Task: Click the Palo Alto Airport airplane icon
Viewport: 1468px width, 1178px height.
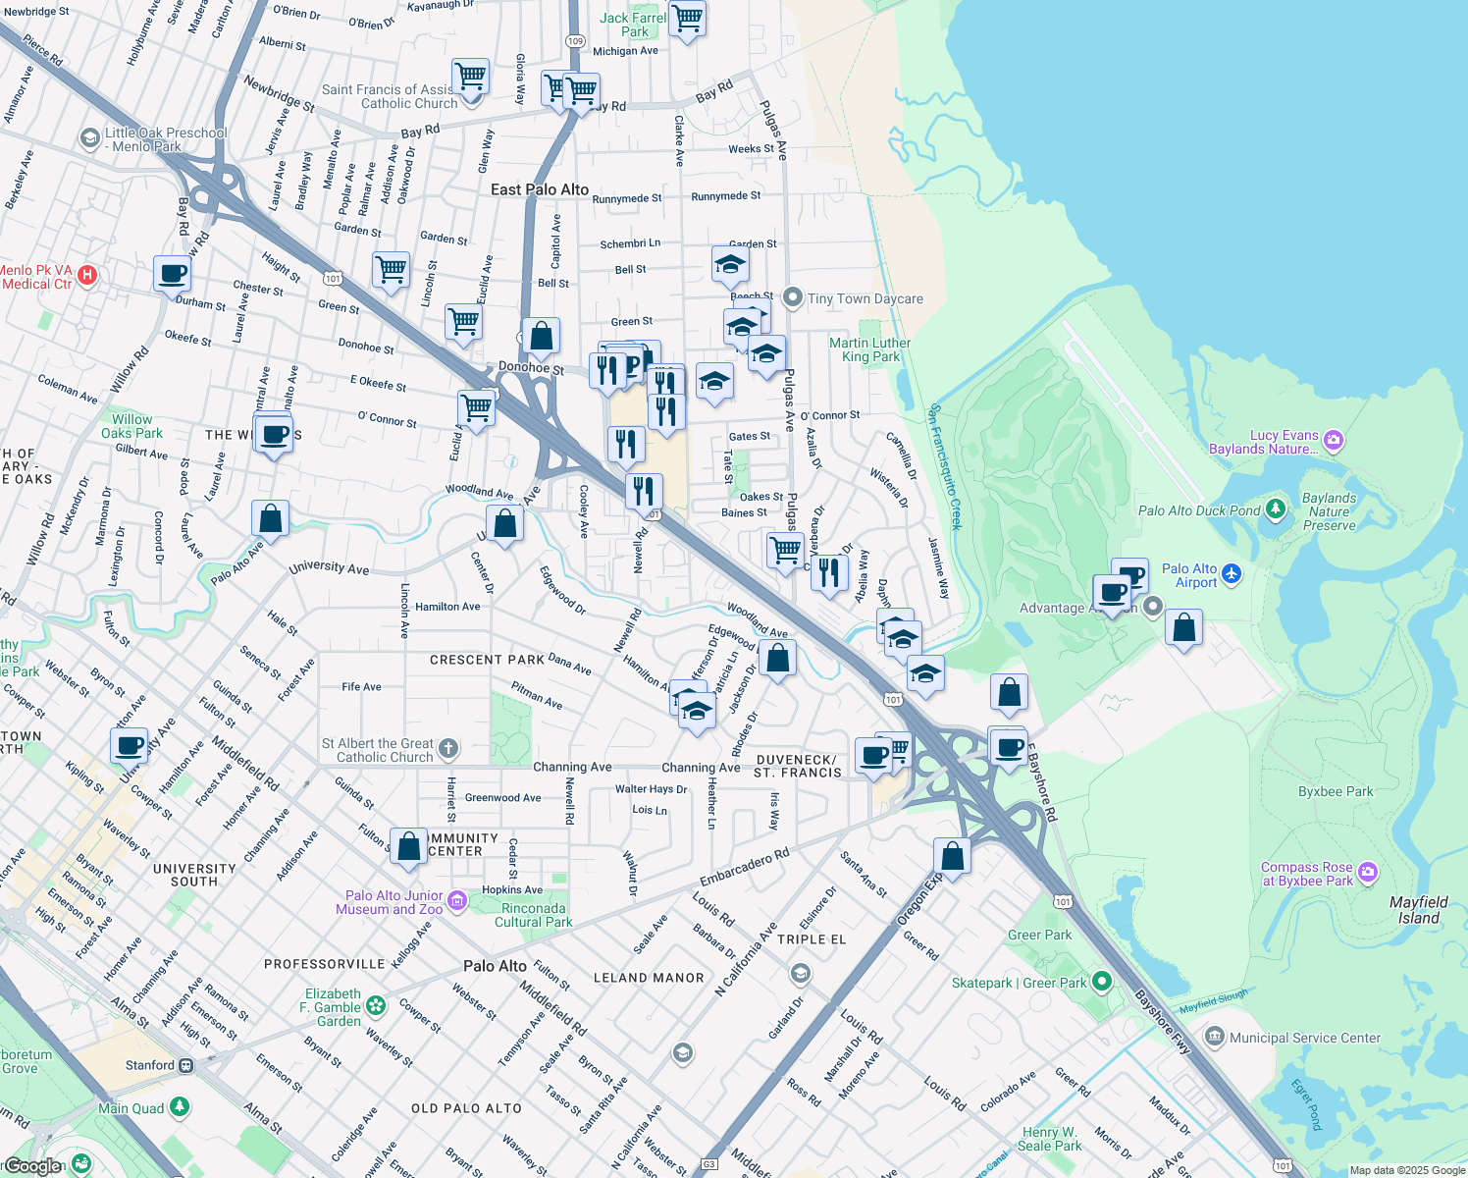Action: [x=1232, y=574]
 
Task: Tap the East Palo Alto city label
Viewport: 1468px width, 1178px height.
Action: [x=540, y=189]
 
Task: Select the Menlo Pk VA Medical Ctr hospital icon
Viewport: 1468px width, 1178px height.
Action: [x=87, y=275]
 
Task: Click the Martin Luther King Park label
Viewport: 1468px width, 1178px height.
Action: [x=869, y=349]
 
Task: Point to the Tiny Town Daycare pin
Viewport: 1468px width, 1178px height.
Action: [x=793, y=297]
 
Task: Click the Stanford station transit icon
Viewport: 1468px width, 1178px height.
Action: [x=185, y=1065]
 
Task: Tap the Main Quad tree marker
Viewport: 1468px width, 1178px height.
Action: [x=179, y=1107]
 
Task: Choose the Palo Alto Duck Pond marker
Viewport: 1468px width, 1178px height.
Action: [x=1275, y=509]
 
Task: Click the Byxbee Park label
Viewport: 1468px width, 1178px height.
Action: [x=1335, y=791]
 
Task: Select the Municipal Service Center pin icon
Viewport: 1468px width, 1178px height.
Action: [x=1215, y=1037]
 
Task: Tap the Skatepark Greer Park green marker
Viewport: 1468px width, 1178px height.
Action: [x=1101, y=982]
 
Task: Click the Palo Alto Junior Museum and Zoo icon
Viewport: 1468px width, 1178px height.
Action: [x=456, y=900]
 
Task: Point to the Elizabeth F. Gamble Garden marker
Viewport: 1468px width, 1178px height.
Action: [x=375, y=1005]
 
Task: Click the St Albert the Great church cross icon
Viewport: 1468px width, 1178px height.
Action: [x=447, y=749]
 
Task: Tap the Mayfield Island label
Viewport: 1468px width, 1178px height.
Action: [x=1418, y=910]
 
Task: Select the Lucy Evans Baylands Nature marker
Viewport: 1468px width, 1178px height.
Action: [x=1333, y=440]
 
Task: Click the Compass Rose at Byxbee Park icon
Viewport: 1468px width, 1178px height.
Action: [x=1368, y=872]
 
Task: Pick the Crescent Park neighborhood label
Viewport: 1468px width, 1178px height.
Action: [x=487, y=660]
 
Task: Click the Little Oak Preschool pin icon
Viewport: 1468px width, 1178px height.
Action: [x=90, y=136]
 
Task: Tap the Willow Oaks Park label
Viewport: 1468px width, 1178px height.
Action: [x=131, y=426]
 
